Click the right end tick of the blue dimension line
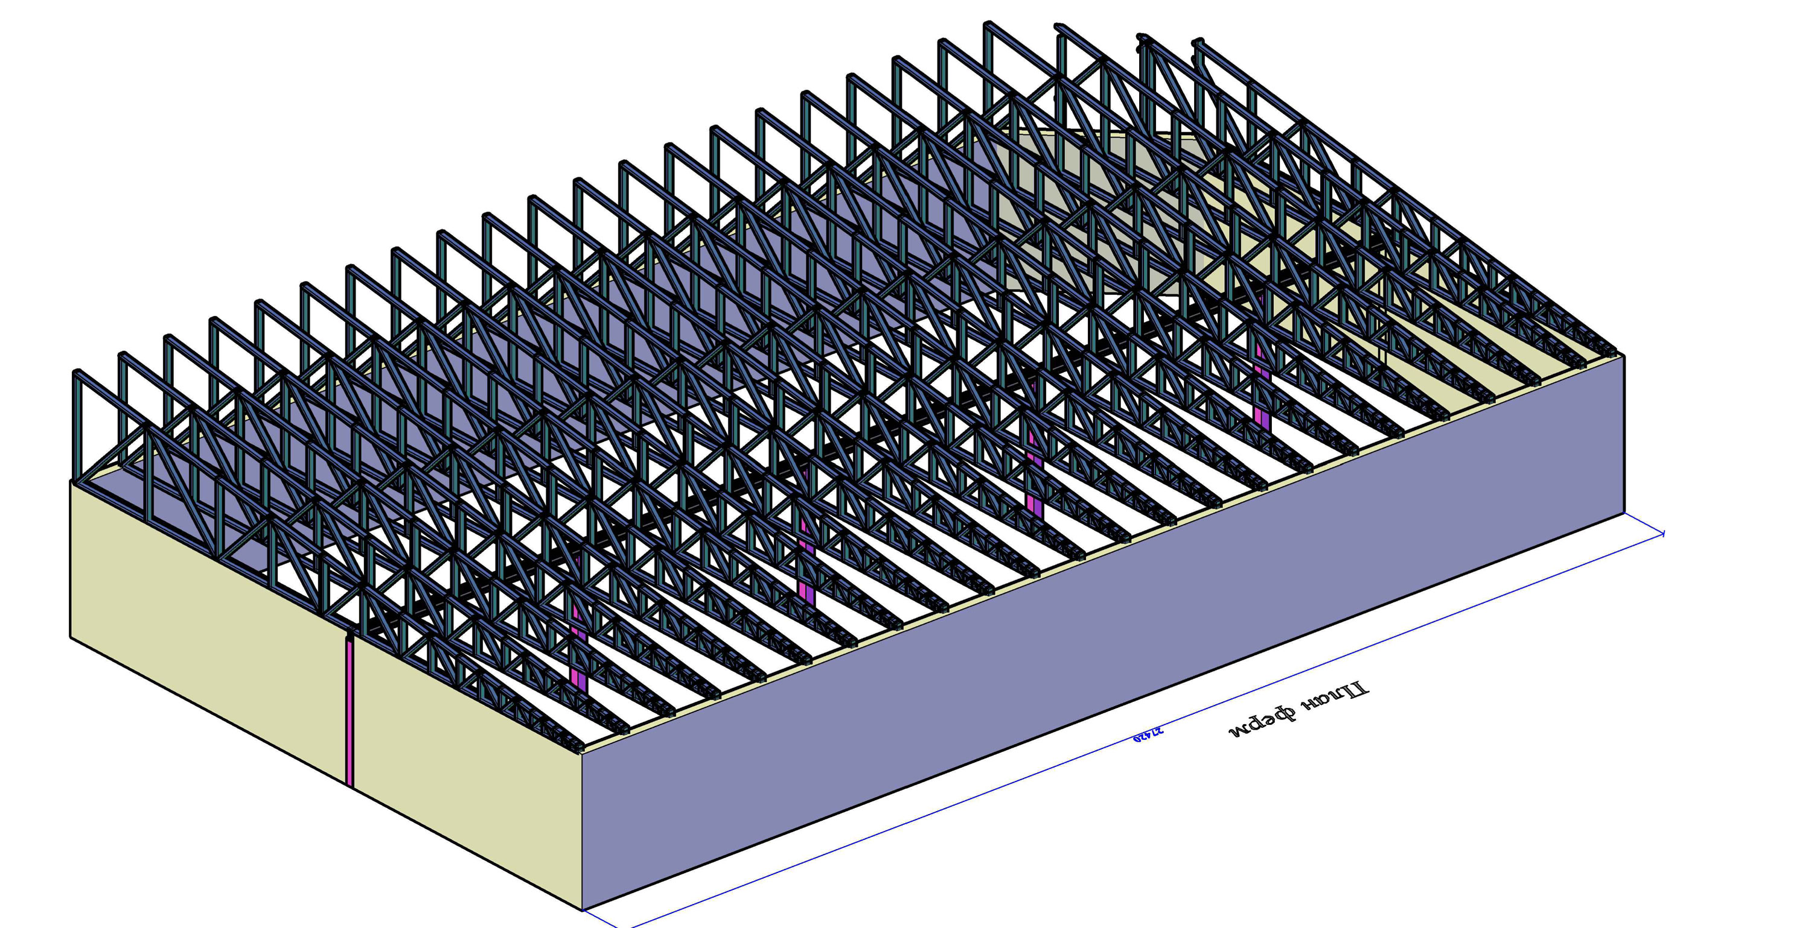tap(1663, 534)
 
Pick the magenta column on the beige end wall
tap(350, 710)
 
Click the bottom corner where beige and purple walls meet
tap(583, 910)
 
